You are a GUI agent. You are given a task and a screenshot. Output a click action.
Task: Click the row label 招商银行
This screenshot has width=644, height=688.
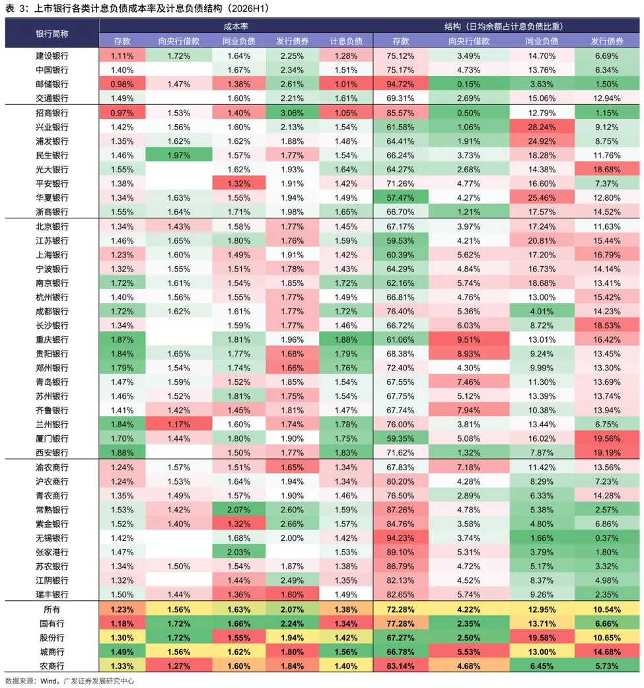coord(52,113)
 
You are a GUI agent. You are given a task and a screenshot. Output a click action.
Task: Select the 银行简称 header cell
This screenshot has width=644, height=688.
coord(52,34)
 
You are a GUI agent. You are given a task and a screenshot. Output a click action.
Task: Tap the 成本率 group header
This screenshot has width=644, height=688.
coord(236,26)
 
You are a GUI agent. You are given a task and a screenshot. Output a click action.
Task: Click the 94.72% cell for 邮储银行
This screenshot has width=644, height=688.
coord(400,85)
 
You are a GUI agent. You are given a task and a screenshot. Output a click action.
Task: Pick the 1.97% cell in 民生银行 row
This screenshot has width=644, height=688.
coord(179,155)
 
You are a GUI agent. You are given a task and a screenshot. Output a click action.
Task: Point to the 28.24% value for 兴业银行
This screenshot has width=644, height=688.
coord(542,127)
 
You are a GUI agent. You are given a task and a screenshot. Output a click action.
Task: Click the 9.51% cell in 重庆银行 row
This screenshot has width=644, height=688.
coord(468,339)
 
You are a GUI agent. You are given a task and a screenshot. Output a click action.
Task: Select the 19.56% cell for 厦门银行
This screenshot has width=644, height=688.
coord(607,438)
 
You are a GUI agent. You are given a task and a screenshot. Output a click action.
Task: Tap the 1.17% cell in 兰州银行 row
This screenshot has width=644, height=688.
coord(179,425)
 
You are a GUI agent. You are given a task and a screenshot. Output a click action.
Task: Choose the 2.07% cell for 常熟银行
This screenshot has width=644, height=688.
coord(239,510)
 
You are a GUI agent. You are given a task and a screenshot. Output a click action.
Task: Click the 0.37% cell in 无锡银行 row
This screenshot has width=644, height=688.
coord(607,538)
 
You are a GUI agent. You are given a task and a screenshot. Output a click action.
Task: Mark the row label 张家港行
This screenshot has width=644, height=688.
coord(52,552)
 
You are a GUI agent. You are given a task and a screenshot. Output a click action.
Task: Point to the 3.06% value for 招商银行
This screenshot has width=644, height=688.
coord(292,113)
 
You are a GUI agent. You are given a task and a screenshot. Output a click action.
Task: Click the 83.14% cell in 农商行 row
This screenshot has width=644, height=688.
coord(400,666)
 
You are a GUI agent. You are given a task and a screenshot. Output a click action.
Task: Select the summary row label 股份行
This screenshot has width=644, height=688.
coord(52,638)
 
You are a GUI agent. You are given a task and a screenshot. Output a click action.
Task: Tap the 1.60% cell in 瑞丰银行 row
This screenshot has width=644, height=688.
coord(292,594)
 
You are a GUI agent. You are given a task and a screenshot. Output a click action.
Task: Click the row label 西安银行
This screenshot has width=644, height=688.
coord(52,452)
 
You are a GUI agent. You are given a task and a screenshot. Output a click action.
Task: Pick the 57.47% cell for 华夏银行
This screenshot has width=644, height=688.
coord(400,198)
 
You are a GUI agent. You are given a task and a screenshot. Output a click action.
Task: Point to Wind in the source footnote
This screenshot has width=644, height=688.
coord(49,681)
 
